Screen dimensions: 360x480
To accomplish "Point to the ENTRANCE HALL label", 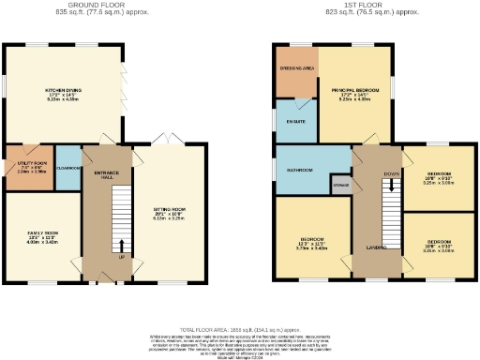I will coord(106,174).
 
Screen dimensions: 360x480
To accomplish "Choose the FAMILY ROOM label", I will coord(42,233).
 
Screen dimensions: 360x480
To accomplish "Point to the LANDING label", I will coord(379,247).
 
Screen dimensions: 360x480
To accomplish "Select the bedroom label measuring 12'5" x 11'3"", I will coord(312,243).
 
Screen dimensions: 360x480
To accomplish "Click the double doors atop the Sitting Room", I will coord(165,142).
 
